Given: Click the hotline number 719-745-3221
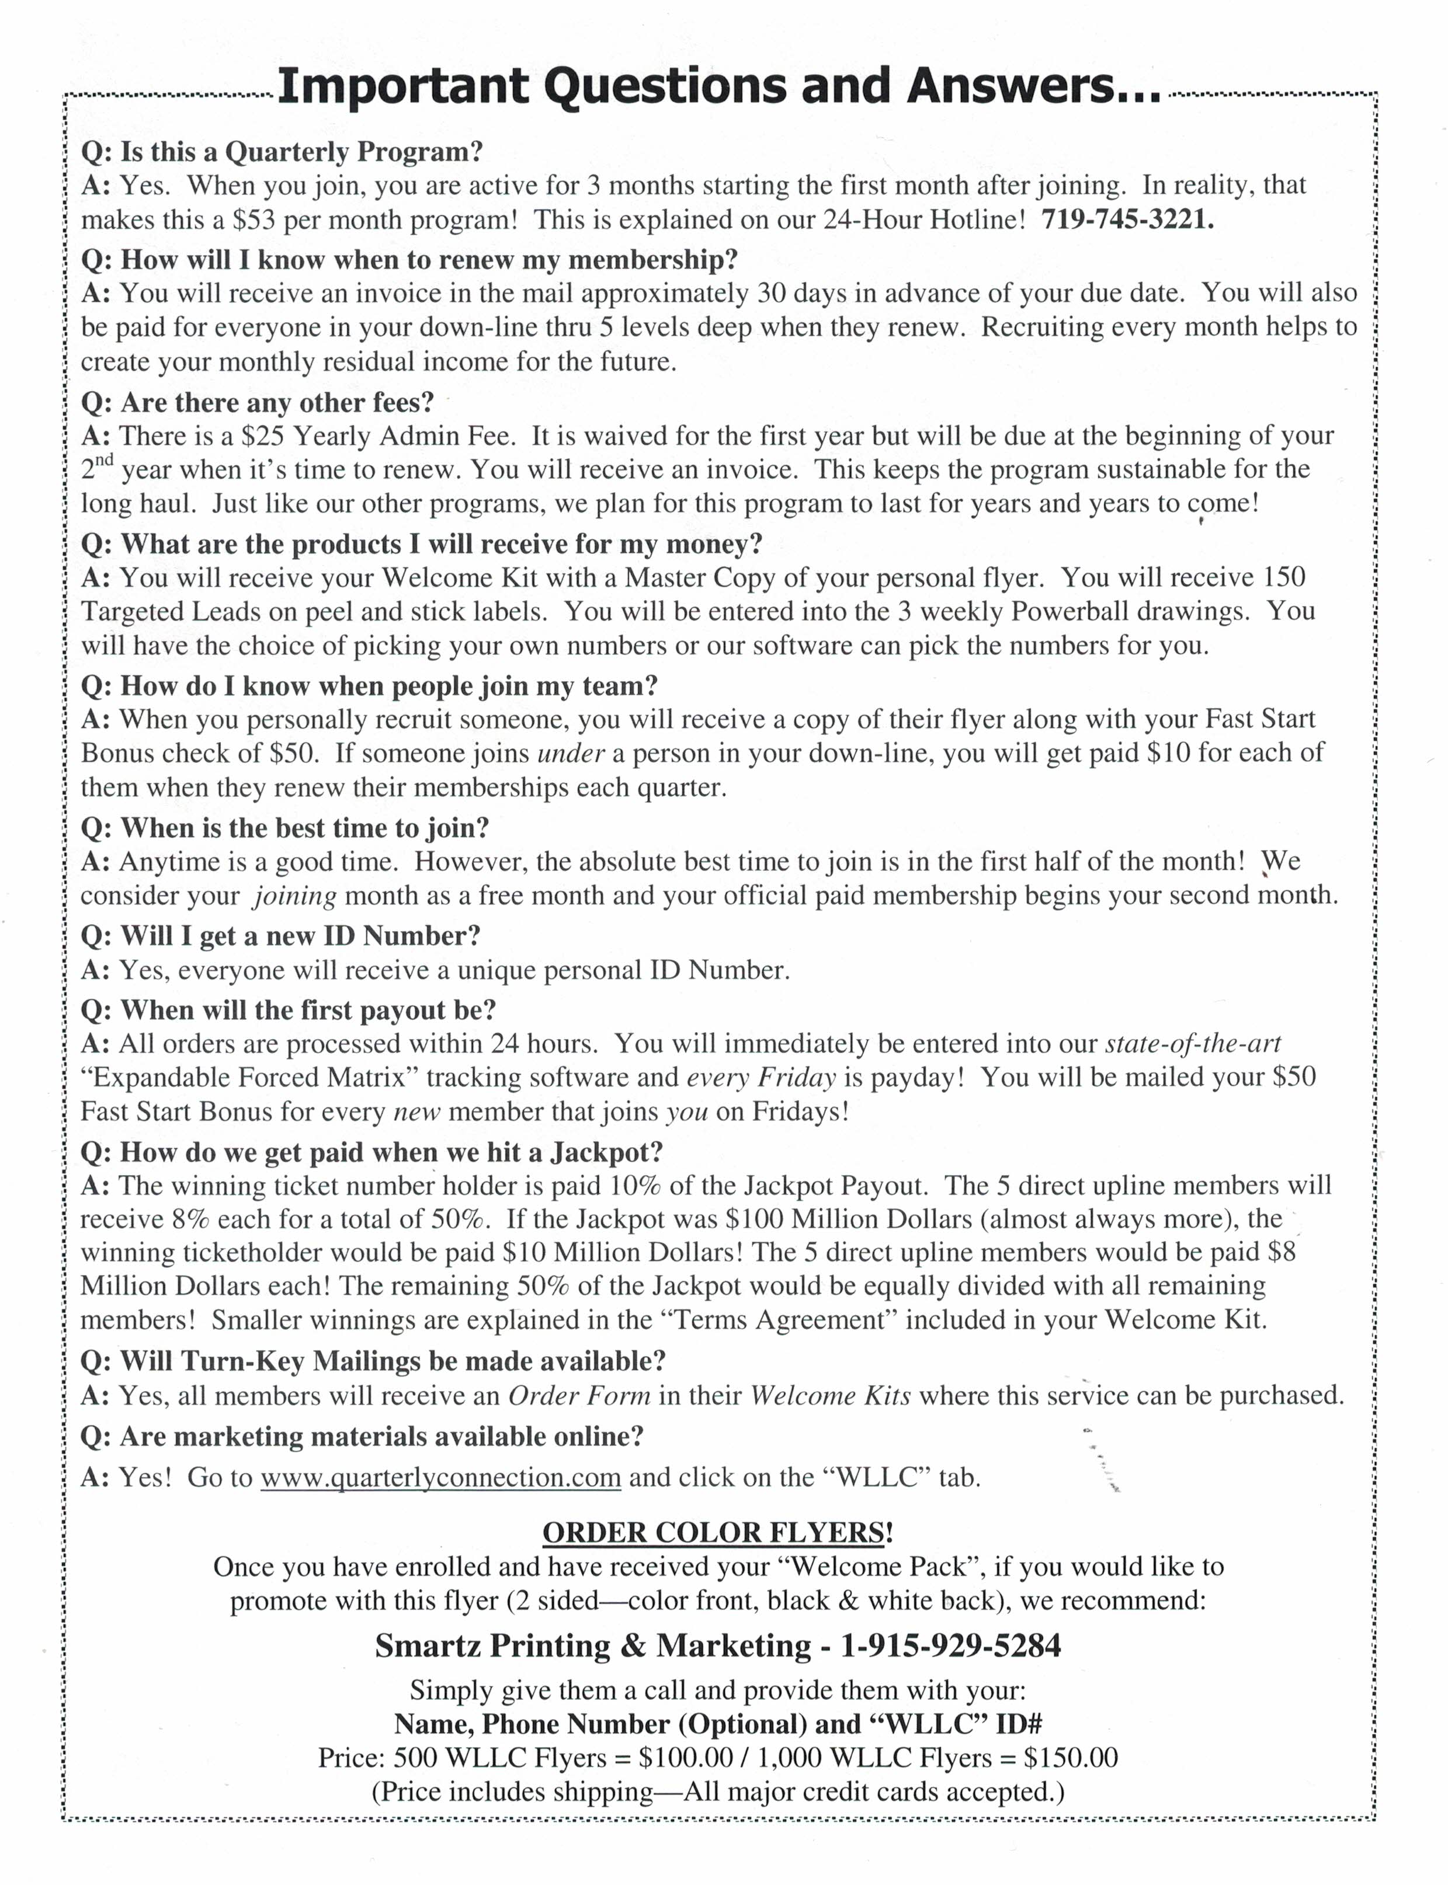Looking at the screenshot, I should pyautogui.click(x=1127, y=219).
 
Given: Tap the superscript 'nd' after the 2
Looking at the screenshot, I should pyautogui.click(x=105, y=460).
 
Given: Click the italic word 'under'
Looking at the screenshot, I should pyautogui.click(x=571, y=754).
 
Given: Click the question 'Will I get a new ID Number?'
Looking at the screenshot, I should pyautogui.click(x=281, y=936).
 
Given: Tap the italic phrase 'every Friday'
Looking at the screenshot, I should pyautogui.click(x=761, y=1078).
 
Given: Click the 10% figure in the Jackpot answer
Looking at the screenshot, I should pyautogui.click(x=634, y=1186).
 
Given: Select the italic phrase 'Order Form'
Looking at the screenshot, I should pyautogui.click(x=579, y=1396).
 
